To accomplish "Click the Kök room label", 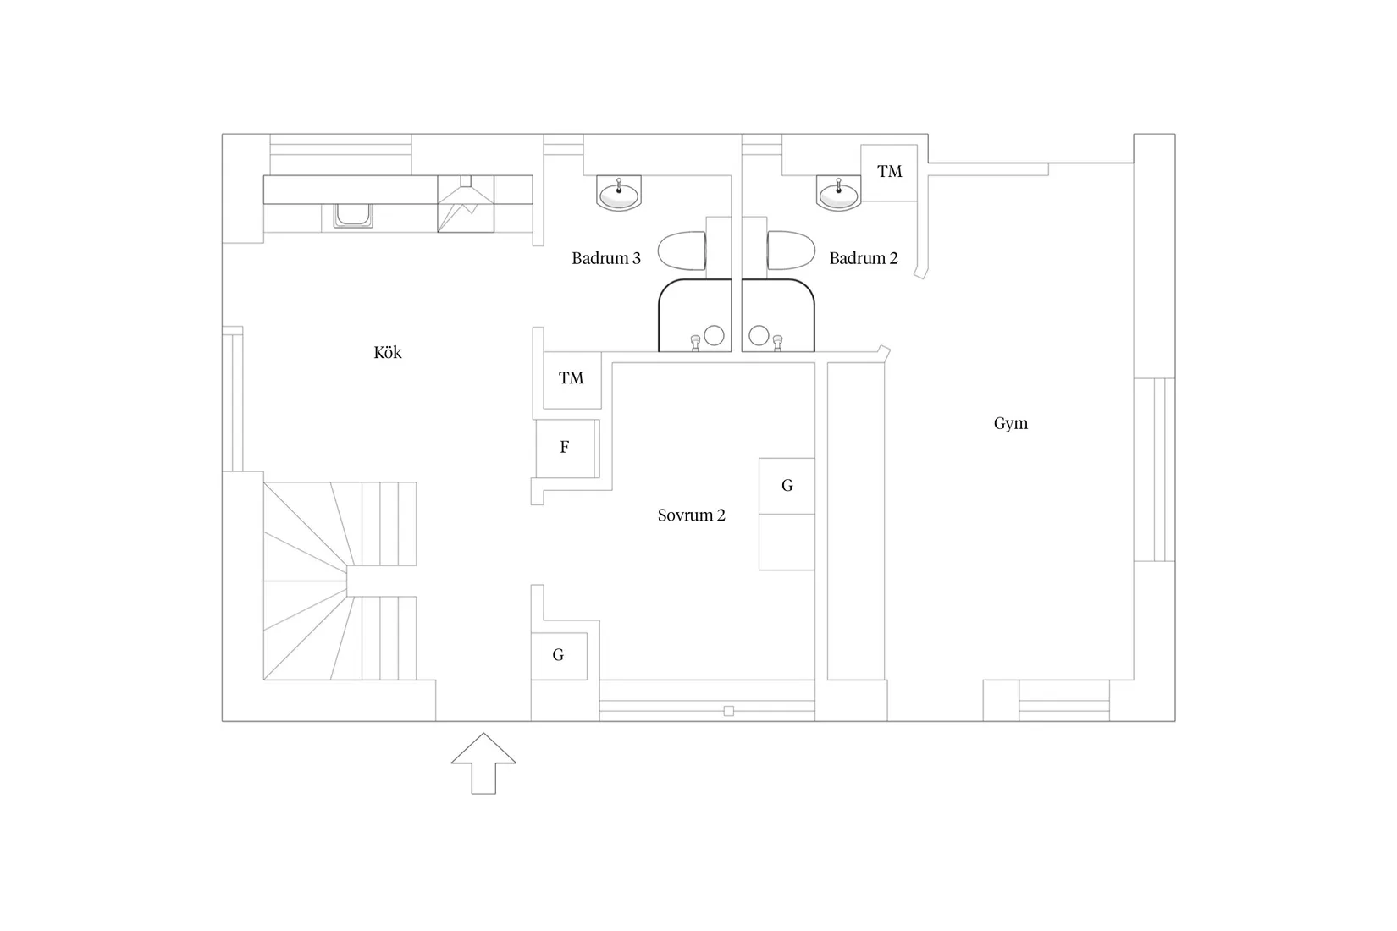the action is [387, 352].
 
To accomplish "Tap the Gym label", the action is [1010, 423].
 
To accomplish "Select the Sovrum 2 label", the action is [692, 515].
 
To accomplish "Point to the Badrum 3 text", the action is [606, 258].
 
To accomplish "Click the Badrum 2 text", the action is [864, 258].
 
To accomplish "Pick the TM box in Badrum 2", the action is [889, 173].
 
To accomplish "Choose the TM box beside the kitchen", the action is [571, 380].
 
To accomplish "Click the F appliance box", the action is [566, 449].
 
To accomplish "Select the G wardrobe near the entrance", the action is [559, 656].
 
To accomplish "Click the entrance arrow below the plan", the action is [483, 763].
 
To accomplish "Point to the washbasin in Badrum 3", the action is [619, 193].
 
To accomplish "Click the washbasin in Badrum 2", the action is [838, 193].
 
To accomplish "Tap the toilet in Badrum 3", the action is [682, 251].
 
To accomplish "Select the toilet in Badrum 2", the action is [791, 251].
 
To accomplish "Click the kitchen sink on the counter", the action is [353, 216].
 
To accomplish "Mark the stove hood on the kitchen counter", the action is [466, 203].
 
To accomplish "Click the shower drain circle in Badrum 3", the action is [714, 335].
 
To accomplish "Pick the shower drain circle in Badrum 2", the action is [759, 335].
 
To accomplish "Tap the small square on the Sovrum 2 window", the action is [728, 711].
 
